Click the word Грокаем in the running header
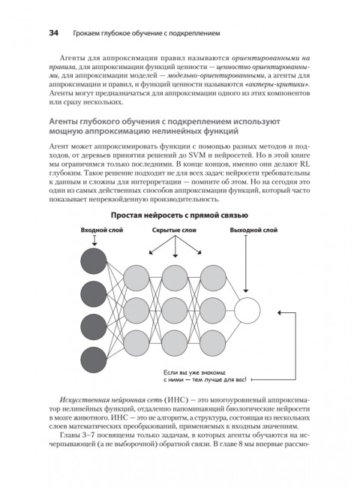(x=91, y=33)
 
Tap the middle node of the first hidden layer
(x=136, y=309)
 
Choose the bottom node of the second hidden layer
(x=172, y=340)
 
